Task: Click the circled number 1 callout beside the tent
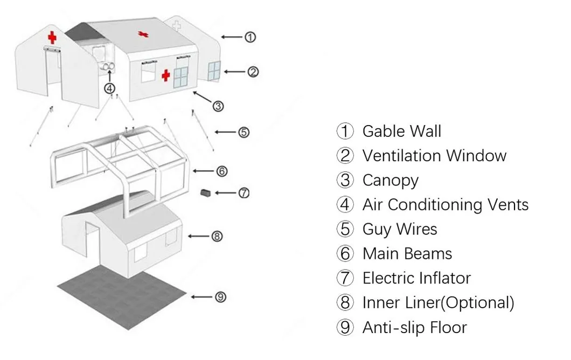[x=249, y=37]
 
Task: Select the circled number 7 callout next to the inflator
[x=244, y=192]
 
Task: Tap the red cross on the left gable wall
[x=52, y=37]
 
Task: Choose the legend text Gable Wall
[x=401, y=131]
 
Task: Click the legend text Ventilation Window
[x=434, y=156]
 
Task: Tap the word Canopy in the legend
[x=390, y=180]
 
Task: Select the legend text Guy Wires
[x=400, y=229]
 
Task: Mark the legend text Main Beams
[x=407, y=253]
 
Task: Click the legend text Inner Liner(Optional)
[x=438, y=302]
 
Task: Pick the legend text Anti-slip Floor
[x=414, y=327]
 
